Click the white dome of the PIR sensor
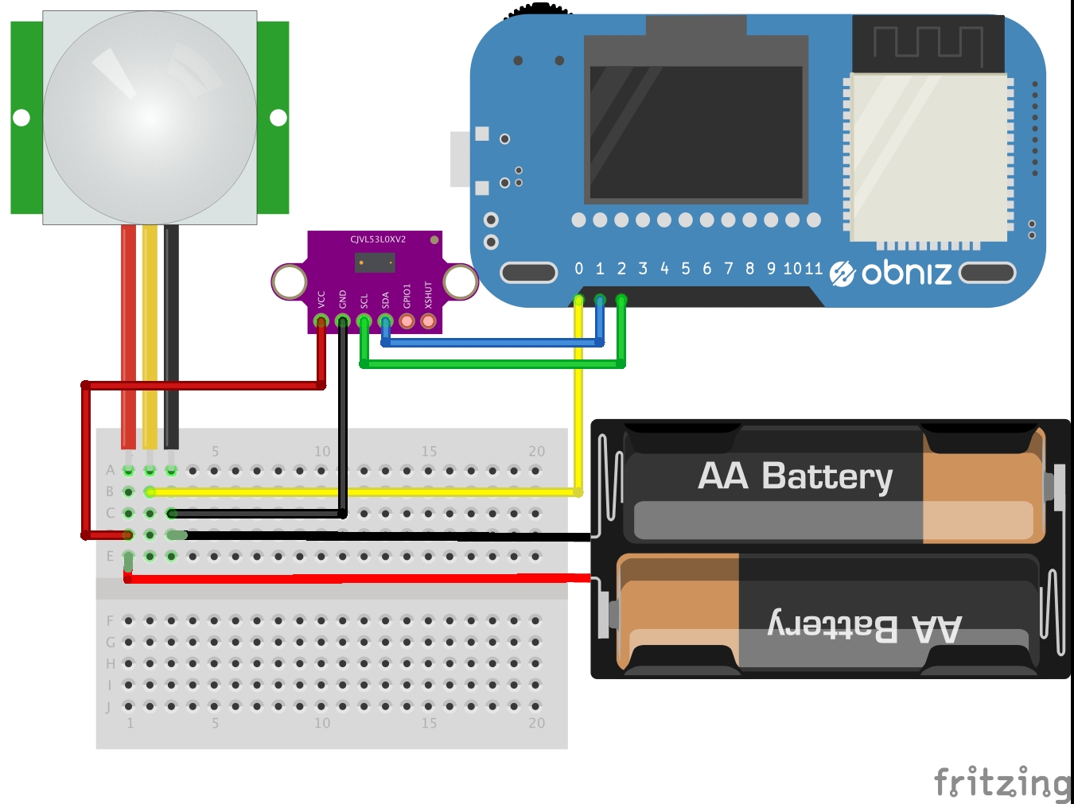click(x=150, y=117)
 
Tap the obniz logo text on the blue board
click(x=906, y=273)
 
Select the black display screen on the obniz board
click(x=695, y=131)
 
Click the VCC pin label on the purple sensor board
click(x=321, y=299)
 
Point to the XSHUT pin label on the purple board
click(x=428, y=294)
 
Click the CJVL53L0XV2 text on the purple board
click(x=378, y=239)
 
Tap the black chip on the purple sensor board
click(x=374, y=262)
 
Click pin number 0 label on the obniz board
click(x=579, y=269)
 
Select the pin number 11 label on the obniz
click(x=812, y=269)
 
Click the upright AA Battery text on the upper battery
click(x=795, y=476)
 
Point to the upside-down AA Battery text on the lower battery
click(x=864, y=627)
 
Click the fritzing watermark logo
click(x=1002, y=783)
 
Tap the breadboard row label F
click(x=110, y=620)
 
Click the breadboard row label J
click(x=108, y=707)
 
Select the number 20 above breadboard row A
click(x=537, y=452)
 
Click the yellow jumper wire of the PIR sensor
click(x=150, y=334)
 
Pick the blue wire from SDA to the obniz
click(x=493, y=344)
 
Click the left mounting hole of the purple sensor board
click(x=289, y=281)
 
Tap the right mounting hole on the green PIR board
click(x=278, y=118)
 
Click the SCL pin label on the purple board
click(x=364, y=301)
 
